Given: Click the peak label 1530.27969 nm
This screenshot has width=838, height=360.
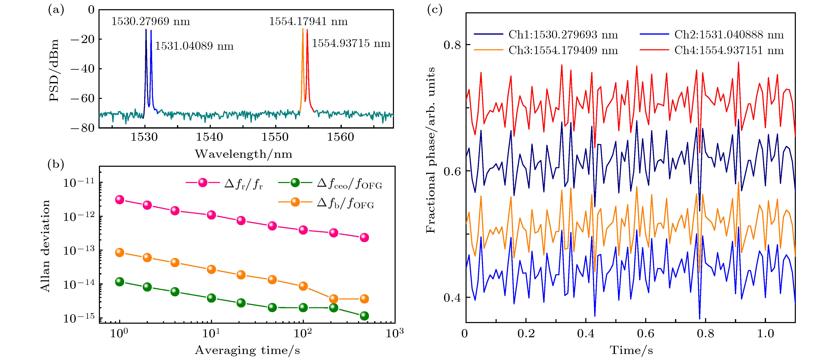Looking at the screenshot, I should tap(151, 21).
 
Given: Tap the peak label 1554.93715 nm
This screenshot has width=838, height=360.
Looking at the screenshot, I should tap(351, 43).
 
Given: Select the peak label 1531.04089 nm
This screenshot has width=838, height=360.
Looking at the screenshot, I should tap(194, 46).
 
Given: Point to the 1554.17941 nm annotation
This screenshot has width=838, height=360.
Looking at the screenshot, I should tap(308, 21).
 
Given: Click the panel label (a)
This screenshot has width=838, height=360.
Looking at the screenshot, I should tap(56, 10).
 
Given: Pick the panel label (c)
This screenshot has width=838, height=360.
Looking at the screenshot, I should tap(435, 10).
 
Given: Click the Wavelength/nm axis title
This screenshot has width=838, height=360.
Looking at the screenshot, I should tap(243, 154).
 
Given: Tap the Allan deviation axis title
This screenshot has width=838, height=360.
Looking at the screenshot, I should tap(45, 246).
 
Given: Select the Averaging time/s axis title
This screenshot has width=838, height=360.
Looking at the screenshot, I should tap(247, 350).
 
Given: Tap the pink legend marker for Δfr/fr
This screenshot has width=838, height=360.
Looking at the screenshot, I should tap(202, 183).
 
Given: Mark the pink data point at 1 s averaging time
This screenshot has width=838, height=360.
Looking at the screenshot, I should tap(120, 200).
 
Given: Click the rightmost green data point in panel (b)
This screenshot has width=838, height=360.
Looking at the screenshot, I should tap(364, 316).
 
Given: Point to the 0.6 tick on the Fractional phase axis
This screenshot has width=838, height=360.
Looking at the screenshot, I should tap(452, 171).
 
